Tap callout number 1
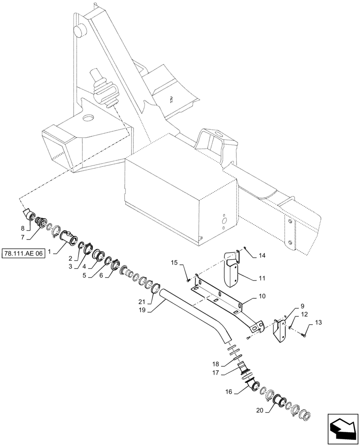click(x=50, y=252)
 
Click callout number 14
click(x=261, y=256)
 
